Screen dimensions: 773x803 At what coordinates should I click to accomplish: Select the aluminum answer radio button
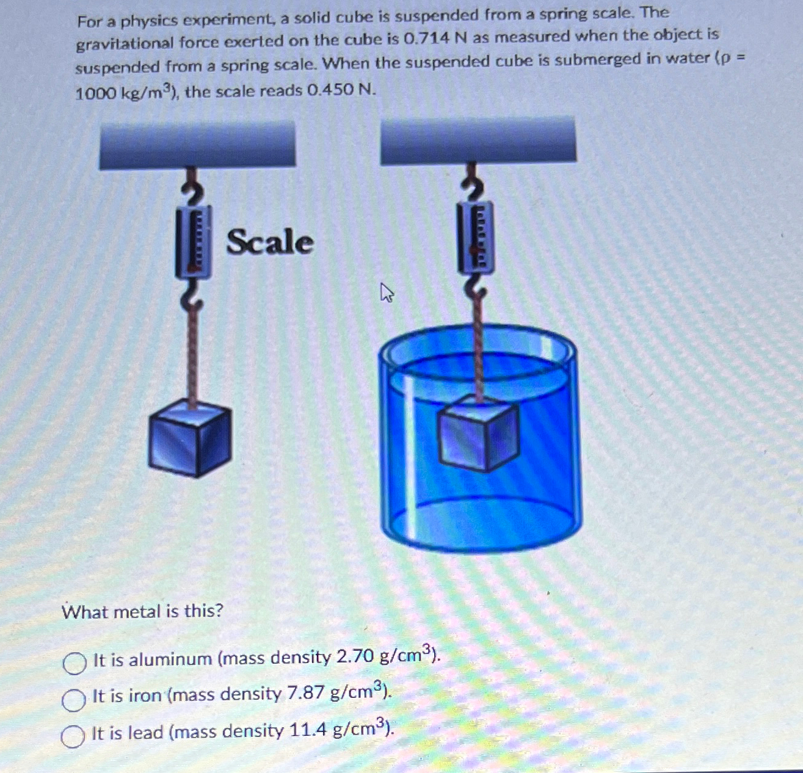click(x=74, y=663)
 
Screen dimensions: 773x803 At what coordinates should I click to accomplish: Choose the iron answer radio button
click(x=73, y=700)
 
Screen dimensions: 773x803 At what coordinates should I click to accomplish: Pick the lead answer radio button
click(x=73, y=736)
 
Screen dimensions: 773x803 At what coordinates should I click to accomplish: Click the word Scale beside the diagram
click(x=270, y=242)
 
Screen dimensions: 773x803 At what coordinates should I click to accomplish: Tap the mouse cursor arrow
click(x=386, y=292)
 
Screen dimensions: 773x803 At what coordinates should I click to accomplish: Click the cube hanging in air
click(x=190, y=437)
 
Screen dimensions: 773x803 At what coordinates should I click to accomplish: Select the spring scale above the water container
click(x=476, y=236)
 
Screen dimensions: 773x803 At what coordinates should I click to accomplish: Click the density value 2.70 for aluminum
click(x=355, y=657)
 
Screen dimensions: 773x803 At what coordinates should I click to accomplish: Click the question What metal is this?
click(x=143, y=611)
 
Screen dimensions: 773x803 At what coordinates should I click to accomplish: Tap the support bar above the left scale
click(x=197, y=144)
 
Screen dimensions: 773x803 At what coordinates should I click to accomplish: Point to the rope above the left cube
click(x=192, y=354)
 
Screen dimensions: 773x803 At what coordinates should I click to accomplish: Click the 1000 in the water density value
click(x=95, y=93)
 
